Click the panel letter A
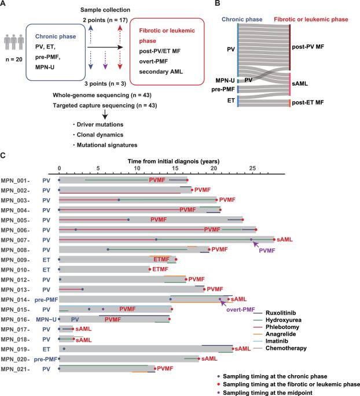pos(5,5)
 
